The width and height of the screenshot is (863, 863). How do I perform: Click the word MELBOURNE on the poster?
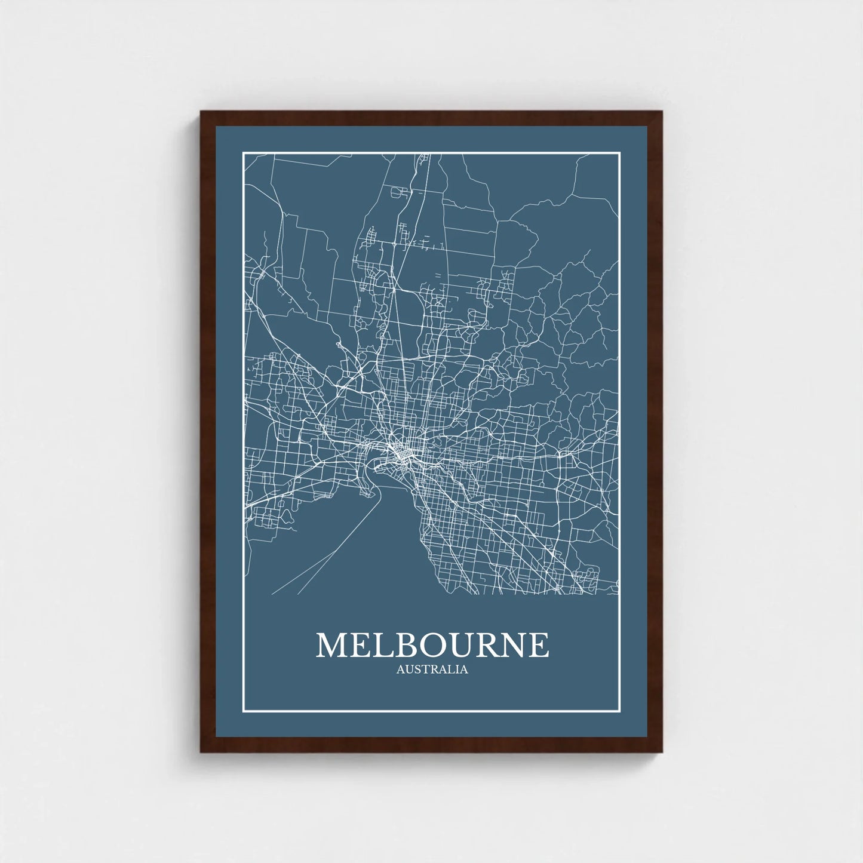pyautogui.click(x=432, y=644)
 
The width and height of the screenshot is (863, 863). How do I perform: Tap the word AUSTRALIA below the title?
pyautogui.click(x=432, y=669)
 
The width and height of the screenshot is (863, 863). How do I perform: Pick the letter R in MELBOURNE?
pyautogui.click(x=487, y=645)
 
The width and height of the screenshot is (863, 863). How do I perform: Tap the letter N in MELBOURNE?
pyautogui.click(x=513, y=645)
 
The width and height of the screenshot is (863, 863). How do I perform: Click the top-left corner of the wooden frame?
pyautogui.click(x=201, y=112)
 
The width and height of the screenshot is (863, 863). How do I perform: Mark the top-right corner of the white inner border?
pyautogui.click(x=620, y=153)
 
